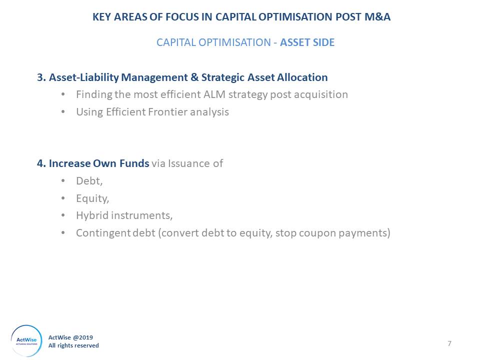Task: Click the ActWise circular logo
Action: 26,340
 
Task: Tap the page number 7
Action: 449,343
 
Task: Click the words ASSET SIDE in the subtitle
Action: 307,42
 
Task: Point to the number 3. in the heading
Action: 41,77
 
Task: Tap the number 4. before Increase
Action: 41,163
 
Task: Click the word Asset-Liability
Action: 83,77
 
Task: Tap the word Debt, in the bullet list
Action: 89,181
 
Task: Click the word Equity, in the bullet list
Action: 92,198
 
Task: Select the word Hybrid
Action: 92,215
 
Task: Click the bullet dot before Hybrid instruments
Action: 63,215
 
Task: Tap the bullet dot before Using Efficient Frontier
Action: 63,112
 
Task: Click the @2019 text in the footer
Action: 83,337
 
